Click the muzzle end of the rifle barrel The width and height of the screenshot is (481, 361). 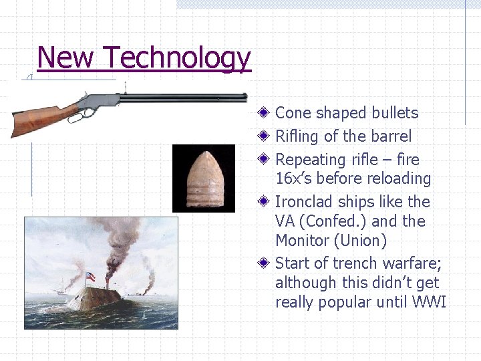coord(245,98)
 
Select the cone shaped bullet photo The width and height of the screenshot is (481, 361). coord(204,178)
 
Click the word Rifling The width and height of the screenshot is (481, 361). coord(298,136)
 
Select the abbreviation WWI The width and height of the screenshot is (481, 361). coord(430,302)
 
